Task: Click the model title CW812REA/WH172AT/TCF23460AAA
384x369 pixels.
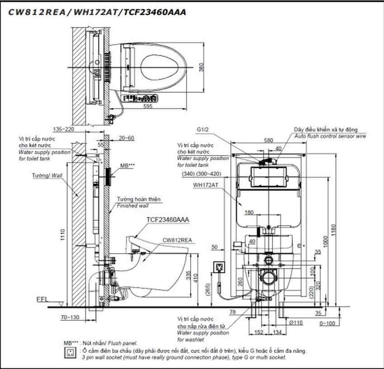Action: (96, 12)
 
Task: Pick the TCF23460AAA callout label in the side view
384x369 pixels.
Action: (168, 220)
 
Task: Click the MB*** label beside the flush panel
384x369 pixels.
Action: (127, 166)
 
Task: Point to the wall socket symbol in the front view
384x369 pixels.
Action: (220, 267)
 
